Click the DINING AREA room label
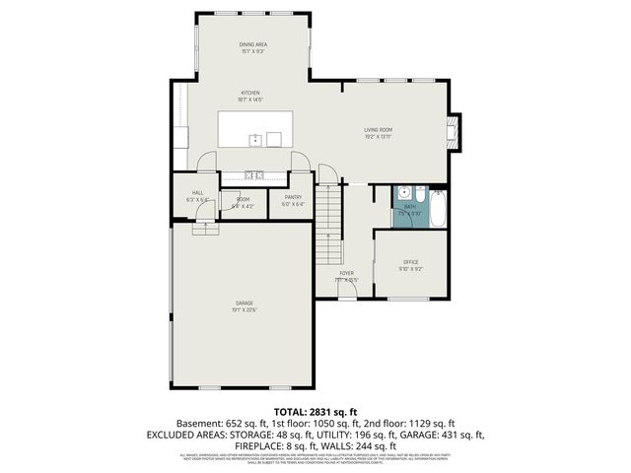point(253,44)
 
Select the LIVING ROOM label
point(378,129)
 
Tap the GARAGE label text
point(244,303)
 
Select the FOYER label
point(347,272)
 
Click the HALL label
point(197,192)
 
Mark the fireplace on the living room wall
point(454,131)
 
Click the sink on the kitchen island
point(254,140)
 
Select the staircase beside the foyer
point(327,227)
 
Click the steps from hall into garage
point(206,229)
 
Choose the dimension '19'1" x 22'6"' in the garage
point(244,310)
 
